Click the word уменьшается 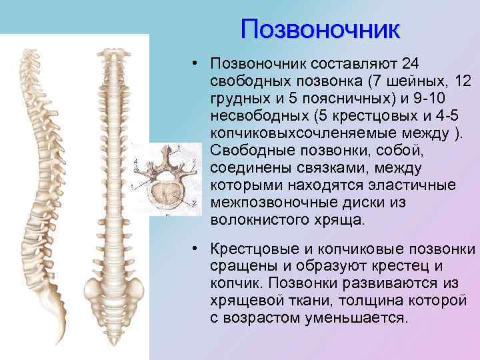pos(355,318)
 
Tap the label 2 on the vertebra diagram pos(194,202)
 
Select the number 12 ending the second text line pos(460,81)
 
